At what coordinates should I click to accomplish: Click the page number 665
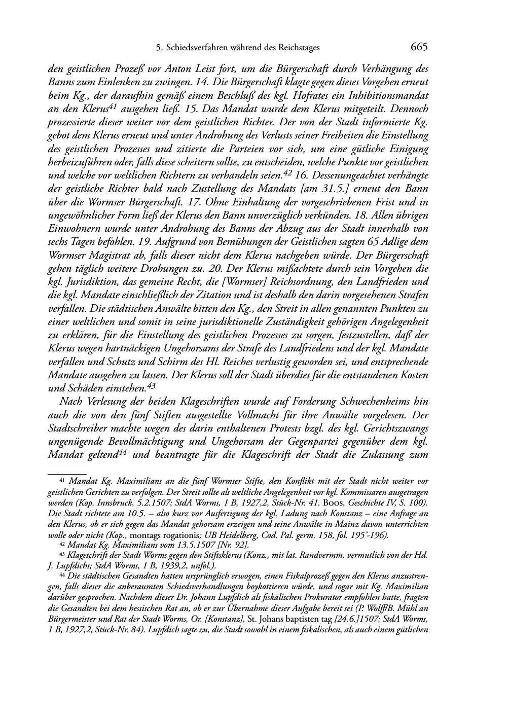point(419,48)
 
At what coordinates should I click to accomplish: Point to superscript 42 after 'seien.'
point(288,173)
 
